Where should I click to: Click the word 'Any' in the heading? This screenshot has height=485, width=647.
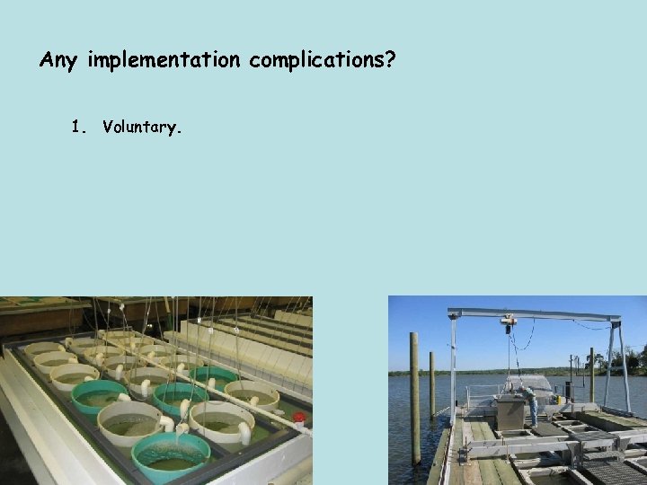coord(60,60)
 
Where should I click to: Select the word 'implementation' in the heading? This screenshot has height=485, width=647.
coord(164,60)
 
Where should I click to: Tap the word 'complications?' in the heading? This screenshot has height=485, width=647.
coord(323,60)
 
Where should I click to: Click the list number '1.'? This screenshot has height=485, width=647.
coord(80,127)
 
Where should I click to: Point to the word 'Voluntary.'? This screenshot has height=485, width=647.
coord(142,127)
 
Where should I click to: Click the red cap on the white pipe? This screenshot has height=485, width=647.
coord(298,417)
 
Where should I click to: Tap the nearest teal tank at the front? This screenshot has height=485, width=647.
coord(172,454)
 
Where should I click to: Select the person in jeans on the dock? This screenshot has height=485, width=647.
coord(532,404)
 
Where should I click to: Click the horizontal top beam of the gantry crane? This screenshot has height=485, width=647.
coord(535,314)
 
